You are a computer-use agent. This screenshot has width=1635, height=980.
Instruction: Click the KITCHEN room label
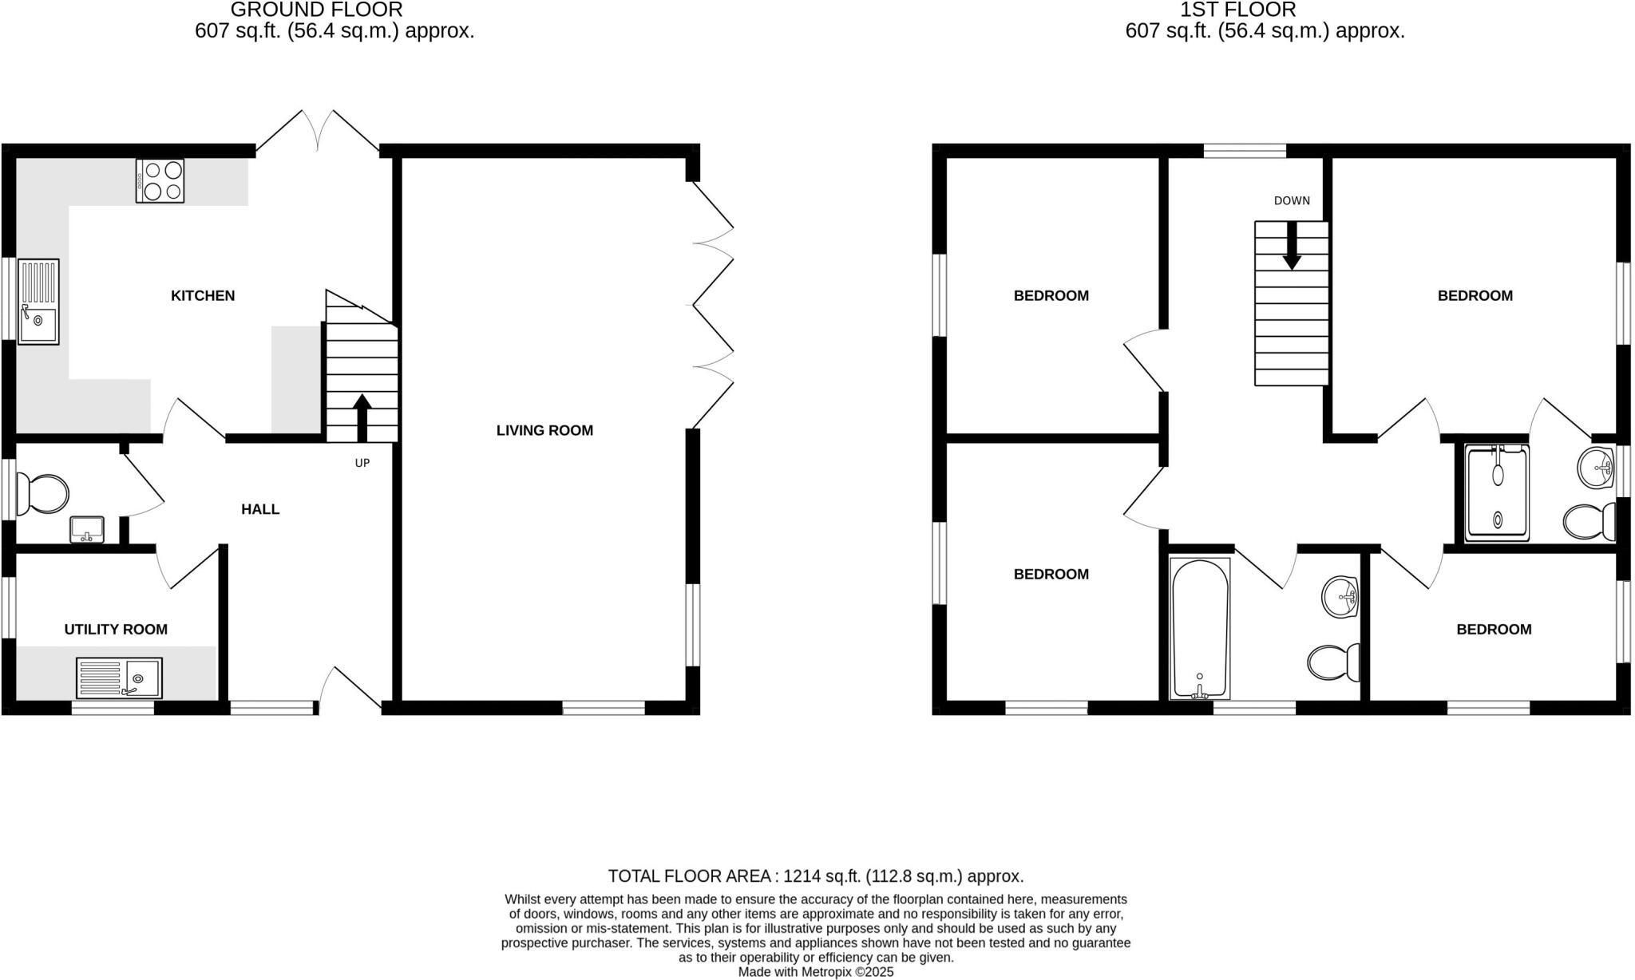pos(203,295)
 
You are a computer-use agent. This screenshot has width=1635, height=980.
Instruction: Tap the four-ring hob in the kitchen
pos(160,180)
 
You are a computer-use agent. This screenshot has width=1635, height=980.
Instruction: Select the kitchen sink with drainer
pos(38,302)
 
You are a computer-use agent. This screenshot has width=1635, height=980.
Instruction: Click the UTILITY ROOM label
pos(116,629)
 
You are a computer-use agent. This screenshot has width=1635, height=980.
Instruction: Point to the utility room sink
pos(119,678)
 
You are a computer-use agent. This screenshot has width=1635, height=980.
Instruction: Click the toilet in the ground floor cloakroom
pos(43,495)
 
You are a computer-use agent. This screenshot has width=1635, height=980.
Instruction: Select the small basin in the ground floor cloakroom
pos(86,529)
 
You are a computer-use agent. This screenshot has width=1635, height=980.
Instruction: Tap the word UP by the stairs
pos(362,463)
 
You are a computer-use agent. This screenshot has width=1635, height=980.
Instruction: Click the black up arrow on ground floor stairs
pos(362,417)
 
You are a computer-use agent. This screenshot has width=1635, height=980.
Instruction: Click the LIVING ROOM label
pos(544,430)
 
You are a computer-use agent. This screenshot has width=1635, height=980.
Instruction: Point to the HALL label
pos(260,509)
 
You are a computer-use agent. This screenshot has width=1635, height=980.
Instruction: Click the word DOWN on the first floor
pos(1292,200)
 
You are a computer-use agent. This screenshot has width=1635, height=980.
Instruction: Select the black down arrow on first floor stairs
pos(1292,247)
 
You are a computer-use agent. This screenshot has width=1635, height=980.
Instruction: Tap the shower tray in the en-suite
pos(1497,492)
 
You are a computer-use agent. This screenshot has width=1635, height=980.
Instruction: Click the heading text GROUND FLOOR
pos(316,10)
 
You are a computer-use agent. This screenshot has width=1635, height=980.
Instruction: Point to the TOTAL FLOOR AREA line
pos(815,875)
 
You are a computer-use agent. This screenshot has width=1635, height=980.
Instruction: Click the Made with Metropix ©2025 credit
pos(815,972)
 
